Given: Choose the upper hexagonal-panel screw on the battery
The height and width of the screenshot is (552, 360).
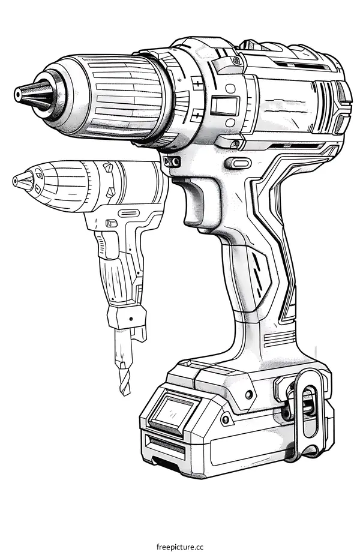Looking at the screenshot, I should (x=248, y=394).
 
